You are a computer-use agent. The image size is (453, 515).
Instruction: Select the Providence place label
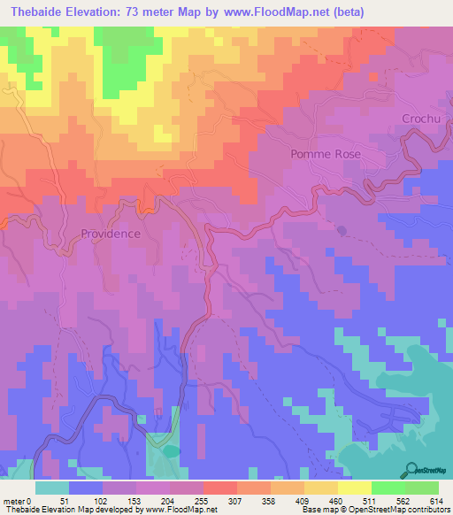[x=111, y=234]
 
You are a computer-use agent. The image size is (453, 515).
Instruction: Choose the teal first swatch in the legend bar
[x=52, y=488]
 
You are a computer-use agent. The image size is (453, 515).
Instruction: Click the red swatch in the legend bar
[x=220, y=488]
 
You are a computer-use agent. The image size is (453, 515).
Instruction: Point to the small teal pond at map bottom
[x=170, y=451]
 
